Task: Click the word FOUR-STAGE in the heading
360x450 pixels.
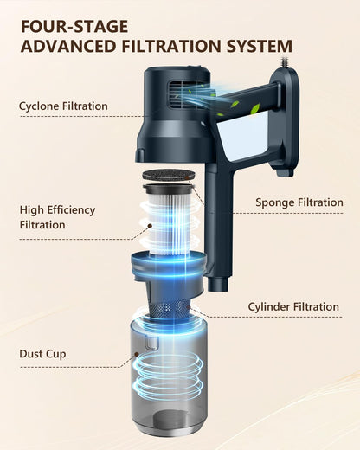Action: click(x=74, y=27)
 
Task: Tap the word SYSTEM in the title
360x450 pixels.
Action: click(x=260, y=46)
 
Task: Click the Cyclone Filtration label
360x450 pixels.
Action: click(x=63, y=106)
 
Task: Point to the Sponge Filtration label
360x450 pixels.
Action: click(x=299, y=202)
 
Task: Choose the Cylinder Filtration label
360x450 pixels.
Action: click(x=293, y=306)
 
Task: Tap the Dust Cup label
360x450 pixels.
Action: click(x=42, y=354)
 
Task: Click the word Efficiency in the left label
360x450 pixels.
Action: click(x=71, y=210)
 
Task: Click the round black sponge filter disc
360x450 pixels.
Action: click(x=169, y=176)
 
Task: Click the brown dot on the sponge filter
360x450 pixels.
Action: click(x=187, y=177)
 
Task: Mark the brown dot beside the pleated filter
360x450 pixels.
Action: click(x=150, y=226)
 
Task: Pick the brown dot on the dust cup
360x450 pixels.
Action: click(x=137, y=354)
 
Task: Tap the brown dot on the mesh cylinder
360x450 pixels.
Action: click(x=188, y=307)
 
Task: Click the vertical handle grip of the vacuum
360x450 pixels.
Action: click(x=218, y=225)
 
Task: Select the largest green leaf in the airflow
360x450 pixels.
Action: click(x=255, y=109)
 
